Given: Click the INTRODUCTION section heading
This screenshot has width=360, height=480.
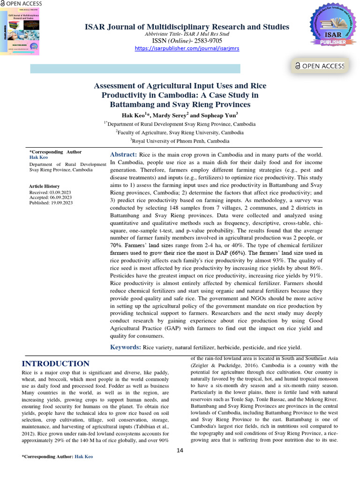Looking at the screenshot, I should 55,364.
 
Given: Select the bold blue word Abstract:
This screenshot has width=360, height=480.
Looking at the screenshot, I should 123,155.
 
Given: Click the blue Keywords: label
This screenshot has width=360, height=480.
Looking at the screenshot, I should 125,347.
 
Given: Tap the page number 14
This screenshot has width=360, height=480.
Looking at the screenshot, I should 180,450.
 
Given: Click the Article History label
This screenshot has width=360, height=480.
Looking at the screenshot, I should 45,187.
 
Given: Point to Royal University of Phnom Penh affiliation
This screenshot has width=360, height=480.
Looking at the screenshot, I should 180,141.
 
